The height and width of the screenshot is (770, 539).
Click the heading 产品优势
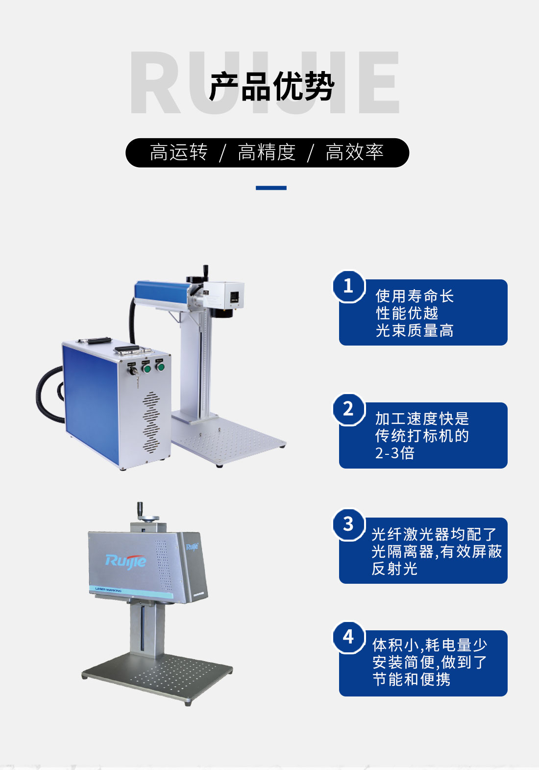pyautogui.click(x=271, y=86)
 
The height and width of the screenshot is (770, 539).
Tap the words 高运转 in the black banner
pyautogui.click(x=178, y=152)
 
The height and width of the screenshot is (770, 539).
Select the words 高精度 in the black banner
pyautogui.click(x=267, y=152)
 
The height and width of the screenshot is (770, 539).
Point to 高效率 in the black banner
pyautogui.click(x=354, y=152)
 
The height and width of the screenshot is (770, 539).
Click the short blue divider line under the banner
pyautogui.click(x=271, y=188)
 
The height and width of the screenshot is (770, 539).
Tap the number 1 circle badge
pyautogui.click(x=348, y=286)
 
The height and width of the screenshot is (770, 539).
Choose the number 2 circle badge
pyautogui.click(x=348, y=409)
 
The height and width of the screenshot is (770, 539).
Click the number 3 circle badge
pyautogui.click(x=348, y=524)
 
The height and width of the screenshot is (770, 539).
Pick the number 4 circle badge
pyautogui.click(x=348, y=637)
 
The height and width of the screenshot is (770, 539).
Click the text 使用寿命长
pyautogui.click(x=415, y=296)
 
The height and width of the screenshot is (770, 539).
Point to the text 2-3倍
pyautogui.click(x=394, y=453)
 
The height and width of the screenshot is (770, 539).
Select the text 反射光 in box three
pyautogui.click(x=394, y=569)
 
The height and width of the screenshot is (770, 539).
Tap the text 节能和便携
pyautogui.click(x=412, y=679)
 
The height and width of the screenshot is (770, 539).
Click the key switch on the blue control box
pyautogui.click(x=133, y=371)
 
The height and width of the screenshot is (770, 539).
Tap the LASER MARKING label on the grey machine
pyautogui.click(x=108, y=590)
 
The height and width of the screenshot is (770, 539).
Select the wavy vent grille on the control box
pyautogui.click(x=151, y=422)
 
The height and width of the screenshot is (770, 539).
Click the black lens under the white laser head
pyautogui.click(x=221, y=312)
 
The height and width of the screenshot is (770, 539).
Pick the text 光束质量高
pyautogui.click(x=415, y=330)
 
